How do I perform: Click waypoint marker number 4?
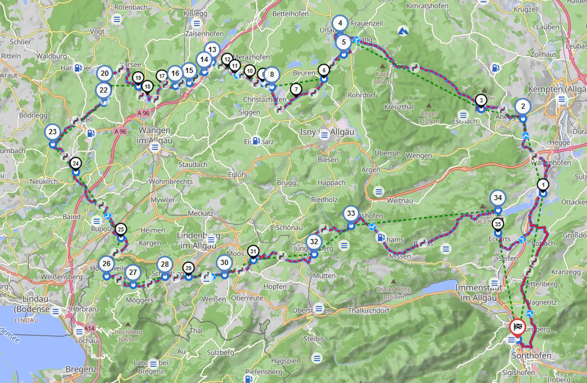pyautogui.click(x=340, y=24)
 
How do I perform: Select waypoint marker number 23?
pyautogui.click(x=53, y=132)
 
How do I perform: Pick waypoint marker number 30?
pyautogui.click(x=224, y=263)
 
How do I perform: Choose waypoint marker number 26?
pyautogui.click(x=106, y=264)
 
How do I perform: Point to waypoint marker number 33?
pyautogui.click(x=350, y=213)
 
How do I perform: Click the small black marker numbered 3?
pyautogui.click(x=481, y=101)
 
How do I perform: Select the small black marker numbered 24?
pyautogui.click(x=76, y=164)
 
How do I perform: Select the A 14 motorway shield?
pyautogui.click(x=89, y=329)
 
